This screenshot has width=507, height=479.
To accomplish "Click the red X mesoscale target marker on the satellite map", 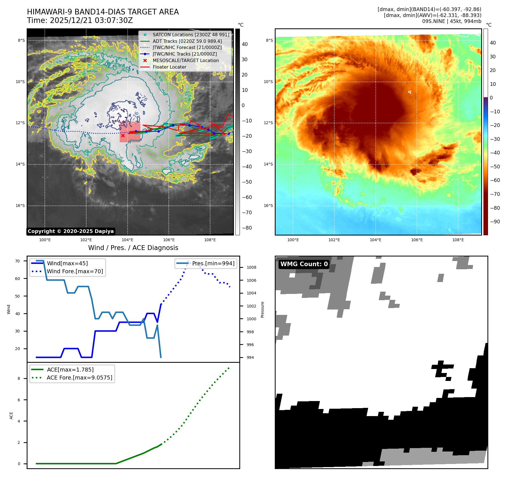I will [x=123, y=135].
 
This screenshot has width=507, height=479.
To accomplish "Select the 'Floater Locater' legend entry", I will [x=169, y=67].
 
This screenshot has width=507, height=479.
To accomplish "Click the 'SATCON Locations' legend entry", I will [x=191, y=35].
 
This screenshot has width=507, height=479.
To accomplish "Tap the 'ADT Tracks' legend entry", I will [x=187, y=41].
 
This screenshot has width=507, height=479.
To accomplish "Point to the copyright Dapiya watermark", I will [x=71, y=231].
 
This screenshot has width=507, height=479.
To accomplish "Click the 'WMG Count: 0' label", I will [x=304, y=264].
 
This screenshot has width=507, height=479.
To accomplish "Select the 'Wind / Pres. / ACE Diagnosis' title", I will [x=133, y=248].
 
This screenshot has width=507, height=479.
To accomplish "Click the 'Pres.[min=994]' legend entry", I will [x=213, y=263].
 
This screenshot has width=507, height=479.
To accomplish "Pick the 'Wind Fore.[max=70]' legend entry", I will [x=75, y=271].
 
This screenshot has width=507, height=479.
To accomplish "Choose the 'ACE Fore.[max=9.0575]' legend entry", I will [x=79, y=378].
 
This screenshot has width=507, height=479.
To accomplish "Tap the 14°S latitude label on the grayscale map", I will [x=20, y=164].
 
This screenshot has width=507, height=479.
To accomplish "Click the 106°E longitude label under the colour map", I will [x=417, y=240].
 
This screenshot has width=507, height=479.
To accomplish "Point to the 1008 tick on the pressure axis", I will [x=251, y=267].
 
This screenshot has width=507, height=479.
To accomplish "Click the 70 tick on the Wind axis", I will [x=18, y=261].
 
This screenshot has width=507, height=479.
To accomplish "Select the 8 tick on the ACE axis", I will [x=19, y=378].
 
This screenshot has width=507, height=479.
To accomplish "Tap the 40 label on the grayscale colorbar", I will [x=245, y=44].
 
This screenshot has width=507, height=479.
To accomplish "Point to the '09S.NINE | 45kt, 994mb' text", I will [x=451, y=21].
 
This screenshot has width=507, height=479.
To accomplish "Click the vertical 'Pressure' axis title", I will [x=263, y=310].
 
